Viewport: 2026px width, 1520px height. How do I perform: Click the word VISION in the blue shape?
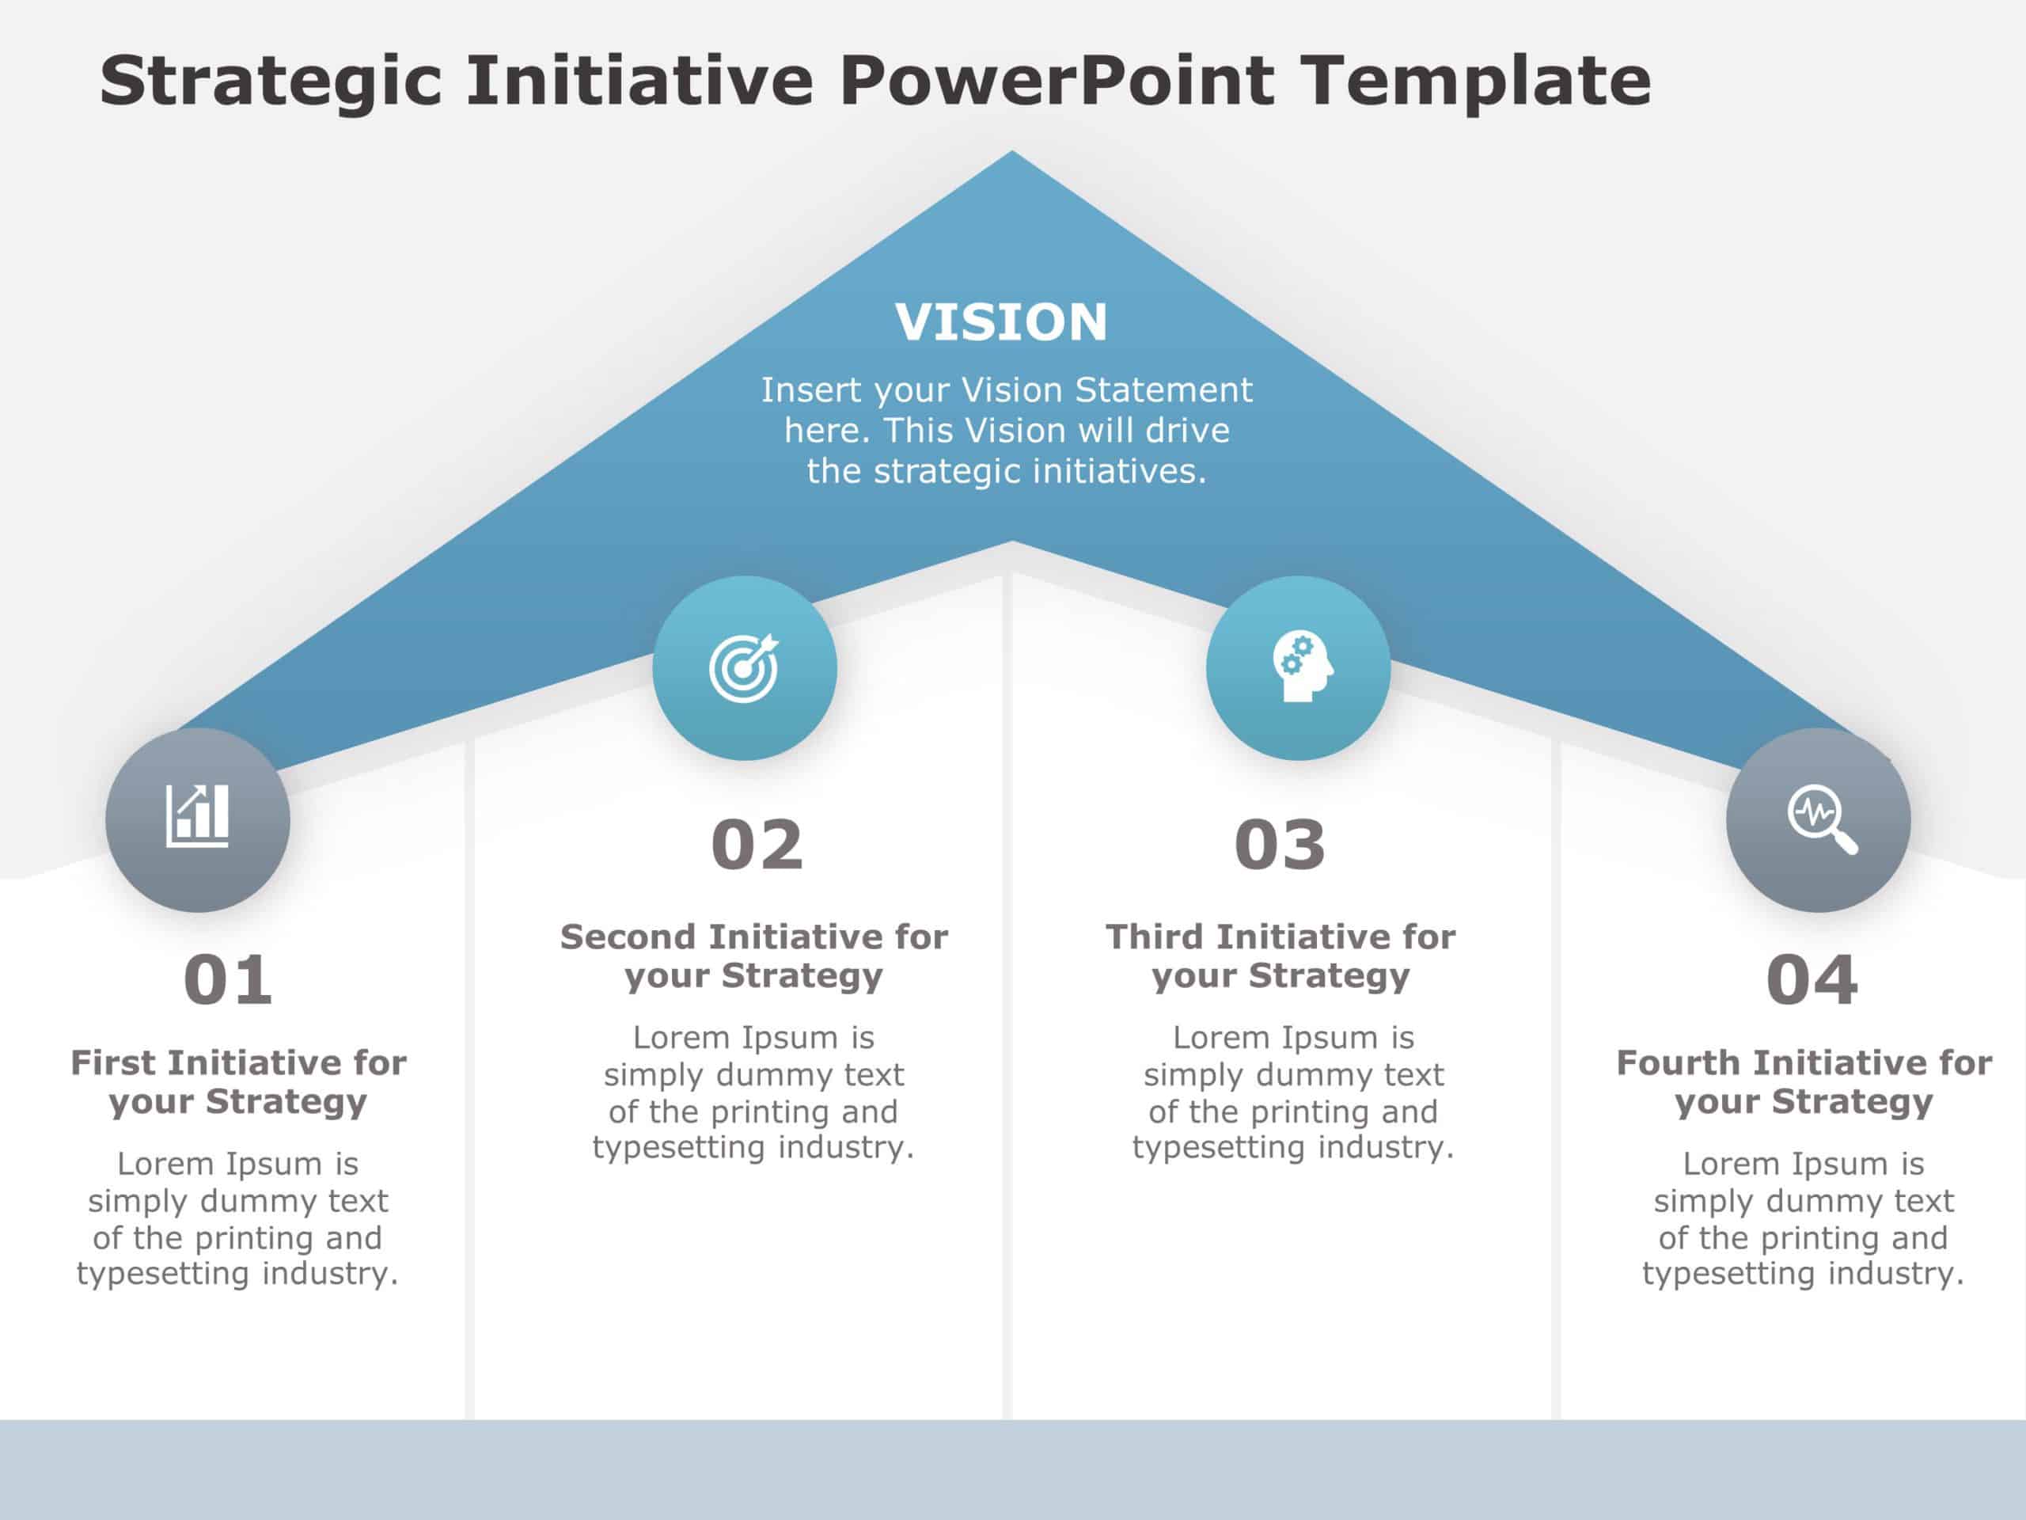(x=1001, y=322)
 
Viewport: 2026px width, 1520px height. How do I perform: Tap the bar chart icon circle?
(x=198, y=819)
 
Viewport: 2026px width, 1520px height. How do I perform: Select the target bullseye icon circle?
(x=744, y=668)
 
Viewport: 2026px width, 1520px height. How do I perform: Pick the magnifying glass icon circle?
(x=1818, y=819)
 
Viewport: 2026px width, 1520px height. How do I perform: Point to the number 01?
(x=228, y=981)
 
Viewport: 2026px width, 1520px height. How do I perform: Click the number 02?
(x=757, y=845)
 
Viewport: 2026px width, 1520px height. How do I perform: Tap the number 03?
(x=1280, y=845)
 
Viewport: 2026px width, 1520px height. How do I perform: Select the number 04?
(x=1812, y=981)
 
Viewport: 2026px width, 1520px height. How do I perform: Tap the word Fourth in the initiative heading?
(x=1678, y=1062)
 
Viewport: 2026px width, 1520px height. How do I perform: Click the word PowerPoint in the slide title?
(x=1056, y=81)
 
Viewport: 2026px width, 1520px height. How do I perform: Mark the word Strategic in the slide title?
(x=271, y=81)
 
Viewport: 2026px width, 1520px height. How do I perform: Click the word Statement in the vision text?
(x=1163, y=390)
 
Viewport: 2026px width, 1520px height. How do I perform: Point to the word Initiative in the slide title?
(x=639, y=81)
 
